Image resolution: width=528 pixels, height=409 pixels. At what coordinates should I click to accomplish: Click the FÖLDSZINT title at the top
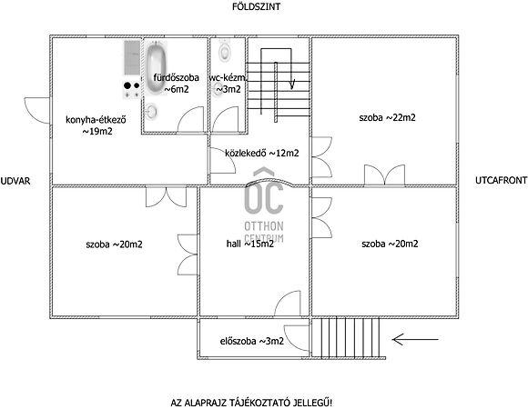[256, 6]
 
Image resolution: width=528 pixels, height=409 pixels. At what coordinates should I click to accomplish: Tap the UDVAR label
[15, 181]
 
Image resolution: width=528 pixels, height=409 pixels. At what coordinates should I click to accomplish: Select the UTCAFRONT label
[501, 180]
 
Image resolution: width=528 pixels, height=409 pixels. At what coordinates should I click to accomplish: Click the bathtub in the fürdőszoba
[156, 66]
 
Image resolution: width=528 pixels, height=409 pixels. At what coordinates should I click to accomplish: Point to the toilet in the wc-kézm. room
[224, 50]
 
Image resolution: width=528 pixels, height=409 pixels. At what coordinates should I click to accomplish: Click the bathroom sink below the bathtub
[151, 112]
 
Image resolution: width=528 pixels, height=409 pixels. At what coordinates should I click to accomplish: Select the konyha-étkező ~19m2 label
[96, 125]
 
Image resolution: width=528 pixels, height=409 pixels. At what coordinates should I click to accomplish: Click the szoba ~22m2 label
[387, 117]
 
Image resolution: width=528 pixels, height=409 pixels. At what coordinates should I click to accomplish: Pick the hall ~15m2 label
[250, 244]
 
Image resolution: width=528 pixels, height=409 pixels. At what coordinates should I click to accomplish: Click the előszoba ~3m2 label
[252, 341]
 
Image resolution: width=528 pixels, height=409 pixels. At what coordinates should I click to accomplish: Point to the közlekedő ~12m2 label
[262, 153]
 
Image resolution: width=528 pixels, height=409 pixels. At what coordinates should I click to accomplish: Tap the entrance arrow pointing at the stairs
[415, 339]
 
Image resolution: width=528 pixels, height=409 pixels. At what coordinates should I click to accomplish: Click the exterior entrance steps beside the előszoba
[346, 338]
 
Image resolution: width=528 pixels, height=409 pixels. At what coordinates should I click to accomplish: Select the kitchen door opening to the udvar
[37, 110]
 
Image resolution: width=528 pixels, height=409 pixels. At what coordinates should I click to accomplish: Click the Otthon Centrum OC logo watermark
[264, 205]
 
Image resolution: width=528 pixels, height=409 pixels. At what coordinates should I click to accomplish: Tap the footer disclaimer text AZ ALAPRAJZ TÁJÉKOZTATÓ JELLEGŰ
[252, 403]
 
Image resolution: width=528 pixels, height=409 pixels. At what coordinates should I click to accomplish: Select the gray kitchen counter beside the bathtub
[132, 57]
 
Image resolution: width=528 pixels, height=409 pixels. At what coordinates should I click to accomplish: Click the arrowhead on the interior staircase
[292, 85]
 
